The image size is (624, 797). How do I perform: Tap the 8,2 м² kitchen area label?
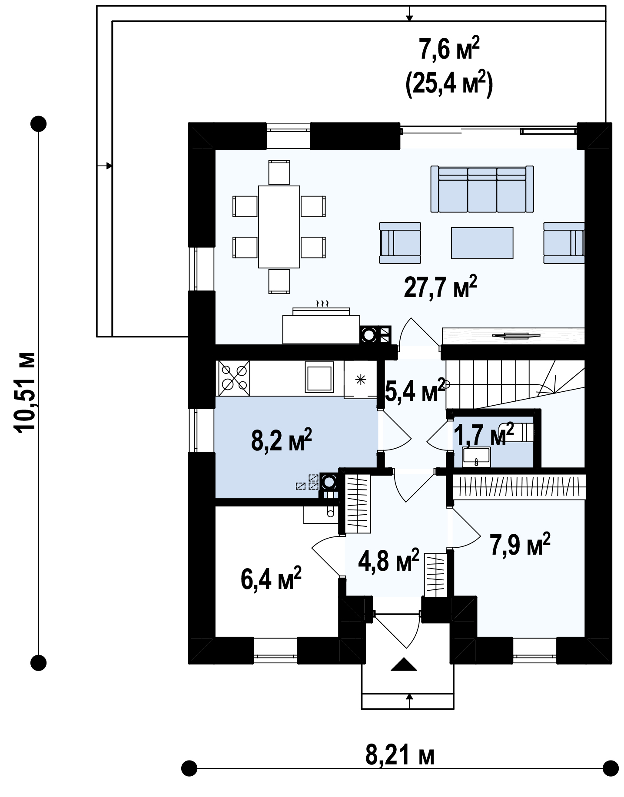click(282, 440)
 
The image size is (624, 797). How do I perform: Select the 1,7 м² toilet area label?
click(484, 434)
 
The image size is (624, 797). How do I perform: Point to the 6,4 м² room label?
click(271, 579)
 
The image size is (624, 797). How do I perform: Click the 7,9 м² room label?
click(520, 544)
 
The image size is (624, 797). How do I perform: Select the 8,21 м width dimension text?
click(400, 756)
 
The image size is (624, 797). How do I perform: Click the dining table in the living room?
click(279, 227)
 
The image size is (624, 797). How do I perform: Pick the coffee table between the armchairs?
click(482, 243)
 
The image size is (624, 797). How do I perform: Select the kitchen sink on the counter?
click(319, 377)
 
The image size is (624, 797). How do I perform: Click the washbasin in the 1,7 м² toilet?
click(476, 457)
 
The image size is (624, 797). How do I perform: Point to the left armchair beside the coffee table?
click(400, 243)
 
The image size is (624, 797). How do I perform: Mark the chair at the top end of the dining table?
click(279, 172)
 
